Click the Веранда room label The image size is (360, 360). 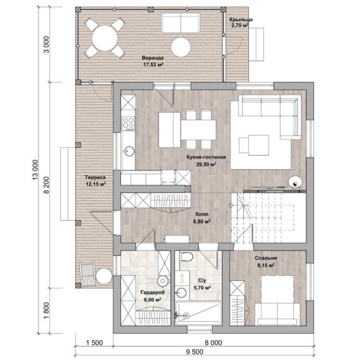pos(153,58)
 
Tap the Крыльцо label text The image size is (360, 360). pos(241,20)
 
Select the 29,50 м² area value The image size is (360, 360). pos(206,164)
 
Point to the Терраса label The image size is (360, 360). pos(95,177)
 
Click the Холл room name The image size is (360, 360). pos(202,214)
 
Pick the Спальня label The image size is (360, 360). pos(266,258)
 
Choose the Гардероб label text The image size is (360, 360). pos(153,292)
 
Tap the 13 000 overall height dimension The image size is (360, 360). pos(35,170)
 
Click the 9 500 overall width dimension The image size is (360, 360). pos(194,352)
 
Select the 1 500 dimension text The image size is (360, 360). pos(94,343)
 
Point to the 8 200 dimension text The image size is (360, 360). pos(46,185)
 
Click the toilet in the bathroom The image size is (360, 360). pos(186,256)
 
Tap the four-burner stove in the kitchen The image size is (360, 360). pos(128,124)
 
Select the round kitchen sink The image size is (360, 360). pos(129,151)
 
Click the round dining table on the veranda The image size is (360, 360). pos(105,38)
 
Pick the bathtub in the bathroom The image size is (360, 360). pos(198,313)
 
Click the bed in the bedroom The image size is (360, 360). pos(278,300)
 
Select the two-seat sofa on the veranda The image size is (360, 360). pos(180,23)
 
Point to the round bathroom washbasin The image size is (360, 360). pos(181,293)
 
